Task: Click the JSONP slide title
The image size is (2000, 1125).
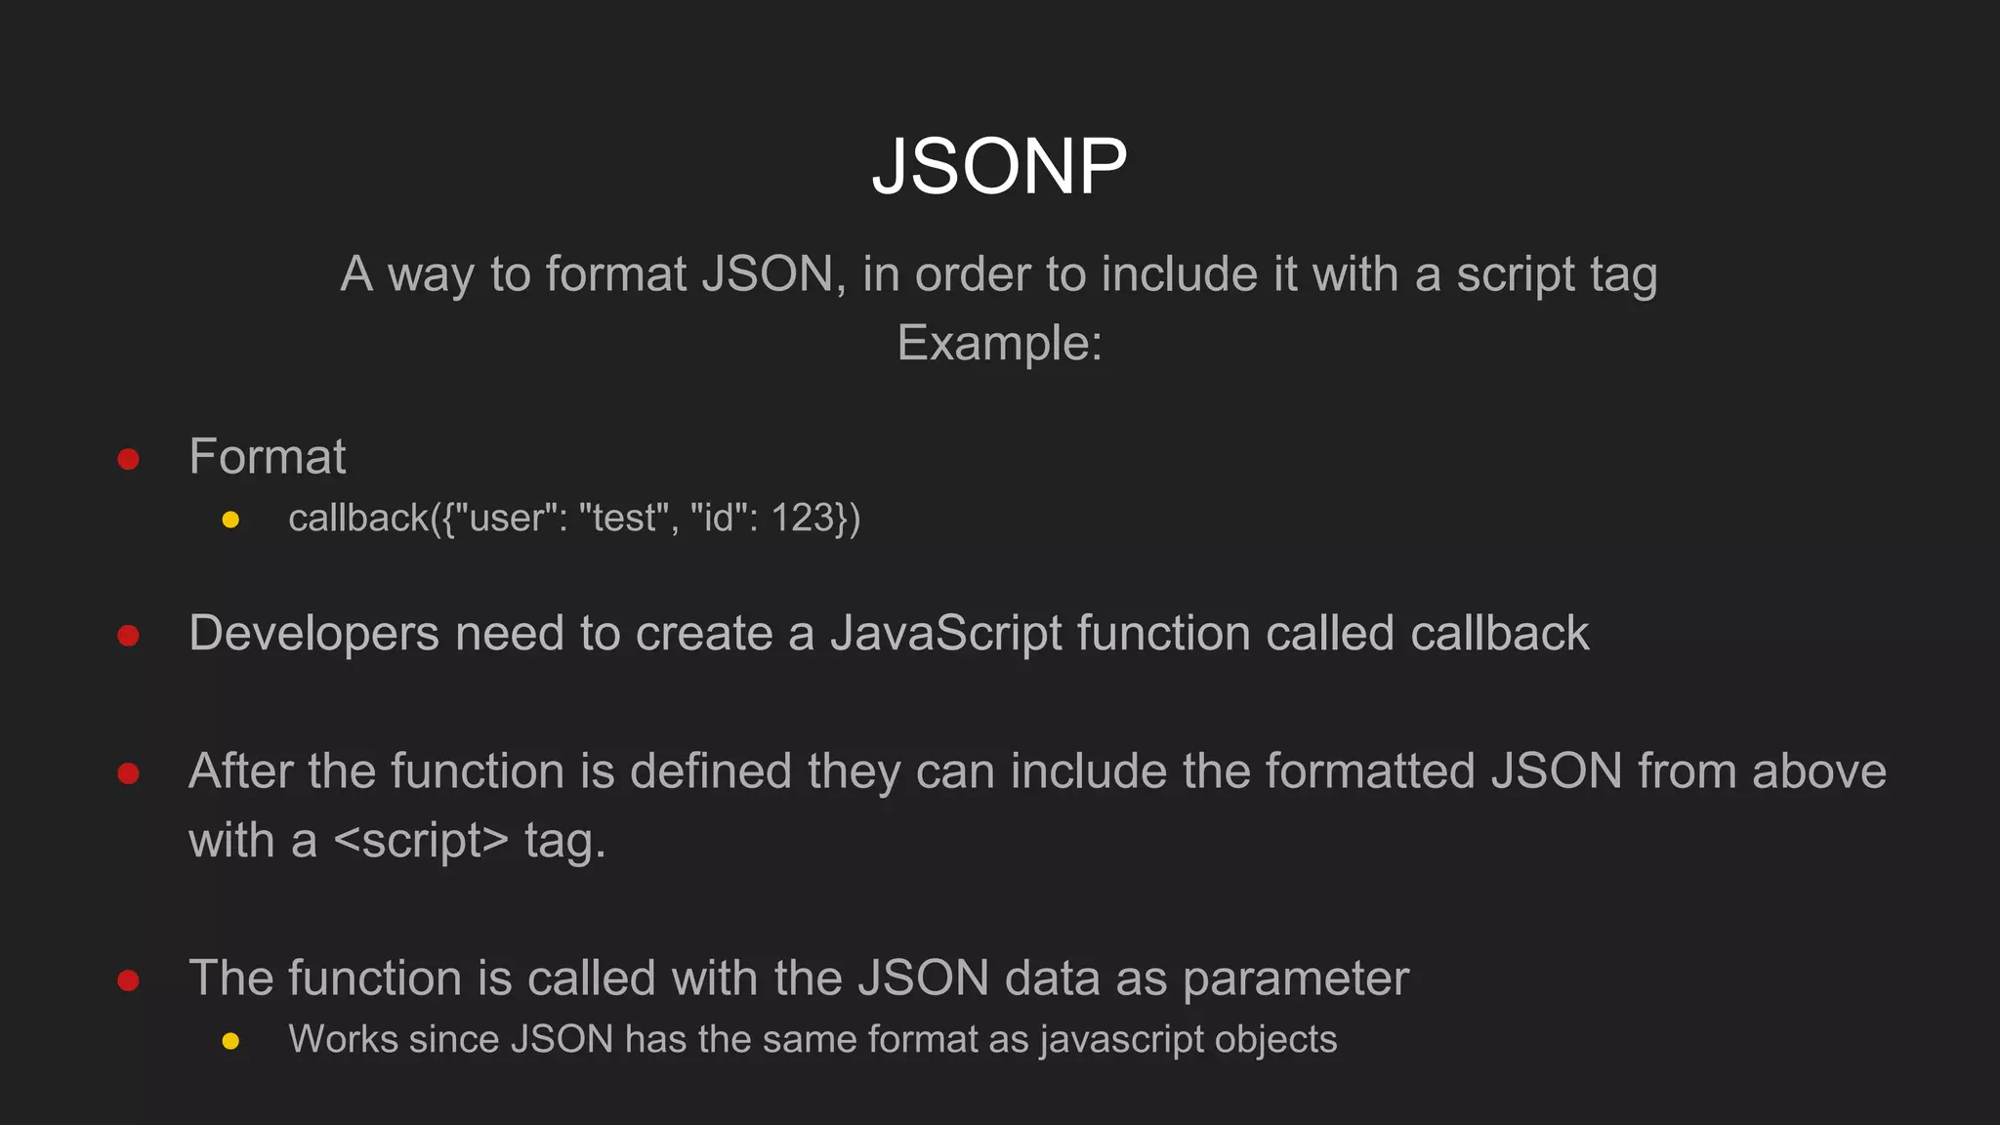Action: (x=999, y=166)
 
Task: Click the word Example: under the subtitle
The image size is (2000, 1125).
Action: (x=999, y=343)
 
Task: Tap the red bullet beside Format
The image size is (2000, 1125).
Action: (x=128, y=459)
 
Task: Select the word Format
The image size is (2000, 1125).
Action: (x=268, y=456)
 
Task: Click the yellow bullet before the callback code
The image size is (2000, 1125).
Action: (x=230, y=520)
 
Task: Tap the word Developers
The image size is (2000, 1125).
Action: (x=313, y=634)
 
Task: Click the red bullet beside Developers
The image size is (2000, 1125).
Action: (x=128, y=636)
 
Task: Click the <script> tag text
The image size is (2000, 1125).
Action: (x=421, y=841)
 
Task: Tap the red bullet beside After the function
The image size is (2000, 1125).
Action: (x=128, y=773)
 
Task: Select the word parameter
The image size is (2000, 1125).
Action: (x=1296, y=979)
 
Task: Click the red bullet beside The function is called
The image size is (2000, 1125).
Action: (x=128, y=979)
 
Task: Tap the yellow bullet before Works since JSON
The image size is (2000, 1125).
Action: (x=230, y=1041)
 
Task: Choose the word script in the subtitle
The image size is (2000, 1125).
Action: (x=1516, y=274)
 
